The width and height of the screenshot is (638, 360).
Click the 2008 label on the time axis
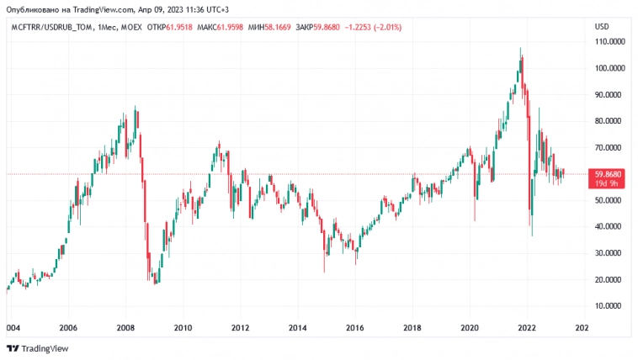[x=125, y=328]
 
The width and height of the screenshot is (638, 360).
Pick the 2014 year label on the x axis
[x=297, y=328]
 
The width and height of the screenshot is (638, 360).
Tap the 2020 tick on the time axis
[x=470, y=328]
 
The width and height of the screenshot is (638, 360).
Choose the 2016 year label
[x=354, y=328]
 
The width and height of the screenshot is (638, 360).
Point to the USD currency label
[x=602, y=27]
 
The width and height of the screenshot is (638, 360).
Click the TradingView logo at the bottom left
[x=38, y=348]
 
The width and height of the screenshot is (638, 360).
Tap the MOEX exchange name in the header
[x=131, y=27]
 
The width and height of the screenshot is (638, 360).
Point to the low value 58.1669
[x=277, y=27]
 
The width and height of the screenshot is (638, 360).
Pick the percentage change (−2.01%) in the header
[x=385, y=27]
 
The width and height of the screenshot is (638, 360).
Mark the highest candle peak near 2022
[x=521, y=49]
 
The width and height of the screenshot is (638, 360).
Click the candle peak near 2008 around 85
[x=136, y=107]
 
